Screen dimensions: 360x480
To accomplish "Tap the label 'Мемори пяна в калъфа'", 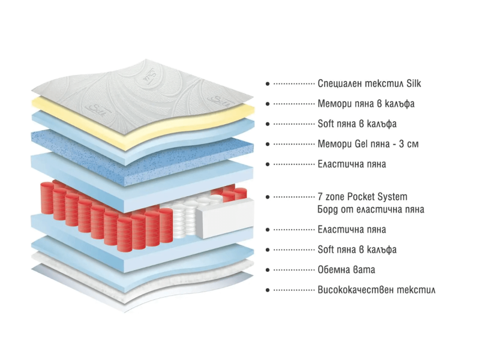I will (365, 104).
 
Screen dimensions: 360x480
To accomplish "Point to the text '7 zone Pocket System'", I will (362, 196).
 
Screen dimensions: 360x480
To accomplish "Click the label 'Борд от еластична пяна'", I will (370, 209).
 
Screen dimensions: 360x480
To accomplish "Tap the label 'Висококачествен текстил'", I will (376, 290).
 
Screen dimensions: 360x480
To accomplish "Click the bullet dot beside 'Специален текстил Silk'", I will (267, 84).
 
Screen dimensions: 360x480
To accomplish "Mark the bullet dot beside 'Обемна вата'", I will (267, 270).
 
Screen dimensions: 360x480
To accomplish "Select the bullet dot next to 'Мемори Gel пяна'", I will (267, 145).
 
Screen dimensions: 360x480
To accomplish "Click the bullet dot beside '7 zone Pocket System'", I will (267, 197).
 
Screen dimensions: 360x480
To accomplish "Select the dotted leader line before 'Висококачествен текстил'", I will (294, 290).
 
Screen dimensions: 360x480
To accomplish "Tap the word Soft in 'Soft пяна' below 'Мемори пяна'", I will (326, 124).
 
